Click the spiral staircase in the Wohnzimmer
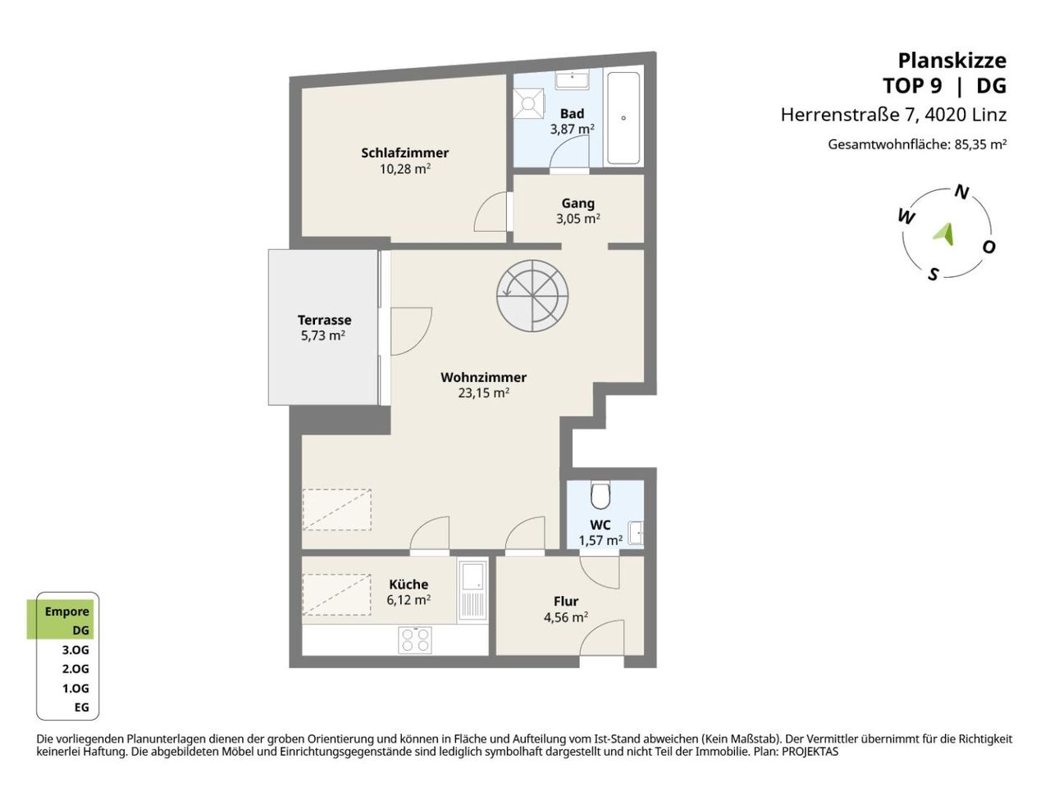[532, 296]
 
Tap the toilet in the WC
[600, 496]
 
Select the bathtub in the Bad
[623, 118]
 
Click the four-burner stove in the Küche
[415, 639]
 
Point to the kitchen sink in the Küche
[472, 590]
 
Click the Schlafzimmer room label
[404, 153]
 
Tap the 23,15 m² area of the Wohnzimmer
[483, 393]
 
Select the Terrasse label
[324, 320]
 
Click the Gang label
[577, 203]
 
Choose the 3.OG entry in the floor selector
[75, 650]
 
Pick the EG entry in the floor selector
[82, 707]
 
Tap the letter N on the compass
[961, 192]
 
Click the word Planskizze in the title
[952, 61]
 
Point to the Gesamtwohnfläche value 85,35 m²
[980, 144]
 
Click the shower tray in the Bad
[528, 103]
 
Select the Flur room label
[566, 601]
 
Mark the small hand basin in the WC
[637, 533]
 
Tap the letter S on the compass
[934, 275]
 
